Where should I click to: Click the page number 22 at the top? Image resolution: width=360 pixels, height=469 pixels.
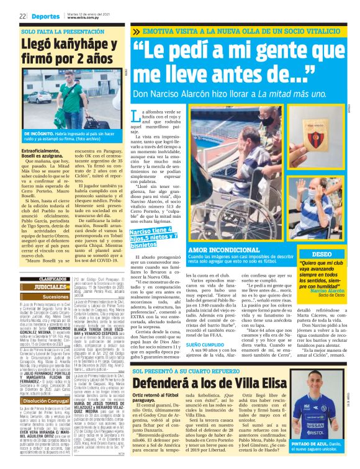click(22, 16)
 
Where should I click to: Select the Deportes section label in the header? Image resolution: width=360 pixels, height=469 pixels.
click(42, 16)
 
